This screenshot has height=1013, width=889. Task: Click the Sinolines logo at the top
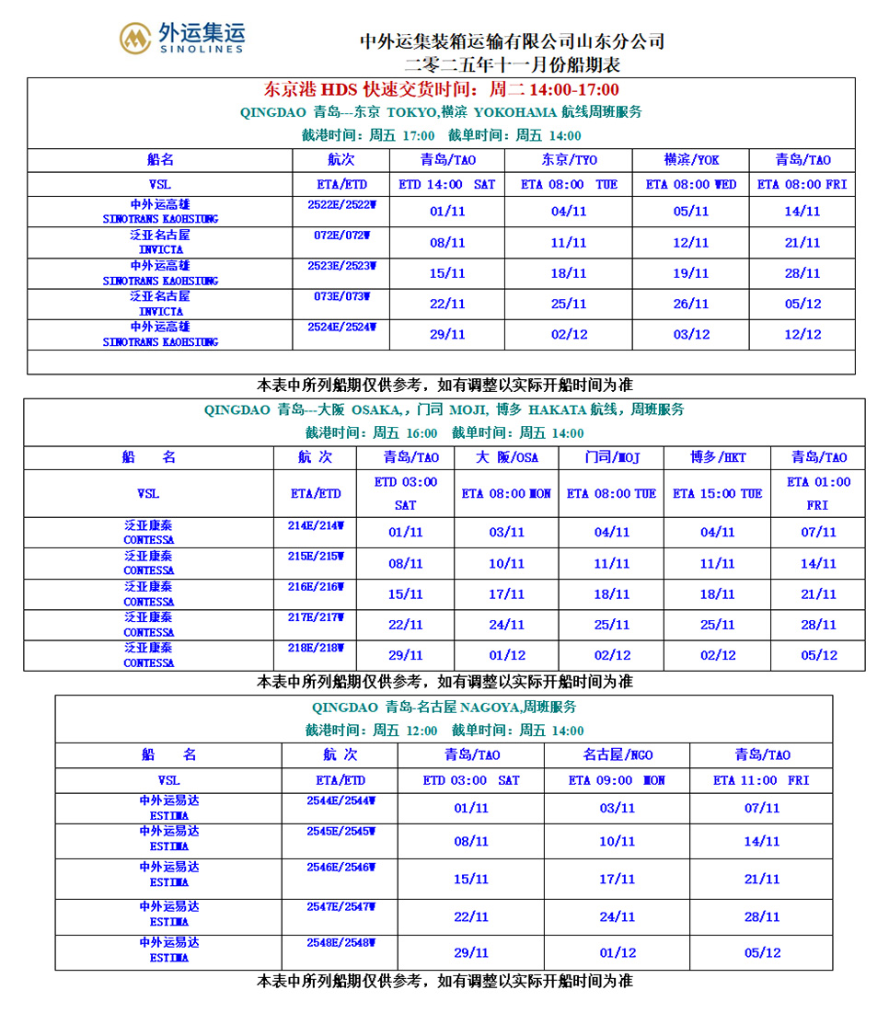coord(182,38)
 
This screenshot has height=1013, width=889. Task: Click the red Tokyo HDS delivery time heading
coord(441,89)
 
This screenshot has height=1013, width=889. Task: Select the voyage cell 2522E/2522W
coord(342,205)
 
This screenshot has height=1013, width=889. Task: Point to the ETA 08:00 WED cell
coord(691,184)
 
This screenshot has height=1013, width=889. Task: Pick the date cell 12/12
coord(802,334)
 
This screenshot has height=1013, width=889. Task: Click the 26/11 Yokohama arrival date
coord(691,304)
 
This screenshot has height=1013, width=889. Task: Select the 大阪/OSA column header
coord(507,457)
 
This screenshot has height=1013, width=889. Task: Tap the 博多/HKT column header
coord(718,457)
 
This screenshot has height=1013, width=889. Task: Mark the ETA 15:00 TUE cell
coord(718,494)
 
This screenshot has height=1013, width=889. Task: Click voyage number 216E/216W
coord(315,586)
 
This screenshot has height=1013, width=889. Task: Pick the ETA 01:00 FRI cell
coord(818,493)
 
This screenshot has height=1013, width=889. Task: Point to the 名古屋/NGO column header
coord(618,755)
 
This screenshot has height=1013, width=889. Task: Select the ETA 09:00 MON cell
coord(617,780)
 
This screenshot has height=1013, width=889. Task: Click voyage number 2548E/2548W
coord(341,943)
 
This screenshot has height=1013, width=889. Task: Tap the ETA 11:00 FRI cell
coord(761,780)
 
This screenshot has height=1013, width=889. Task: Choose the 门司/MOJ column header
coord(612,457)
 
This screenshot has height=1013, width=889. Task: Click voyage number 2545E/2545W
coord(341,831)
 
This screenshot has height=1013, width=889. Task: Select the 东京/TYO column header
coord(568,159)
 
